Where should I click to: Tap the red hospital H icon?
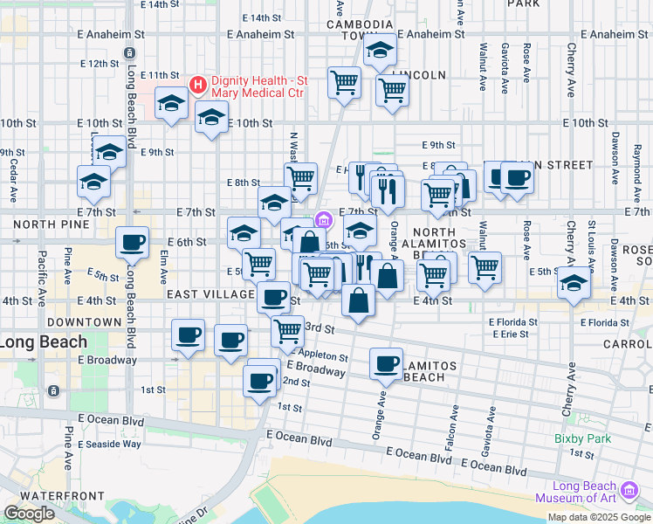(198, 85)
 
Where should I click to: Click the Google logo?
(29, 514)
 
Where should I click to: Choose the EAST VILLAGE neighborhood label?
(210, 294)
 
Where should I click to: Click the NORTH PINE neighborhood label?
(39, 224)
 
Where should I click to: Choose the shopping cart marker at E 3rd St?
(288, 330)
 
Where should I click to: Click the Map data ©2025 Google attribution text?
(599, 517)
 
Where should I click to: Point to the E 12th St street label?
(98, 63)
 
